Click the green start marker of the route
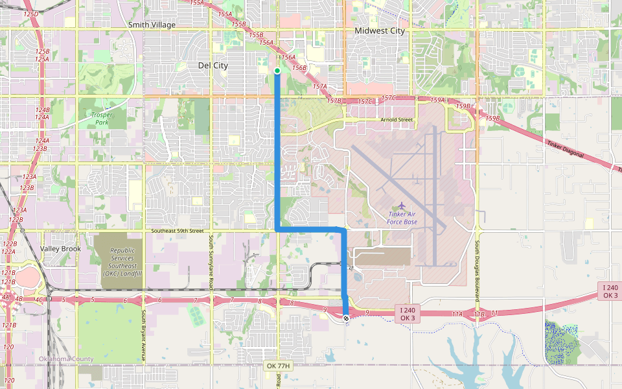click(277, 71)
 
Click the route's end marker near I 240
click(347, 318)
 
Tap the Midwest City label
click(380, 30)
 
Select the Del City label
click(213, 65)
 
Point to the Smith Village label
click(152, 25)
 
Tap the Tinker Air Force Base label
click(402, 218)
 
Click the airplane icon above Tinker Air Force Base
click(402, 205)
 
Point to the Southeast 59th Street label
click(178, 231)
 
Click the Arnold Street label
click(397, 120)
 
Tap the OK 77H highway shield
click(279, 366)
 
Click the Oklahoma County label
click(65, 359)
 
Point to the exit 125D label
click(30, 14)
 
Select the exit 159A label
click(439, 100)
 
